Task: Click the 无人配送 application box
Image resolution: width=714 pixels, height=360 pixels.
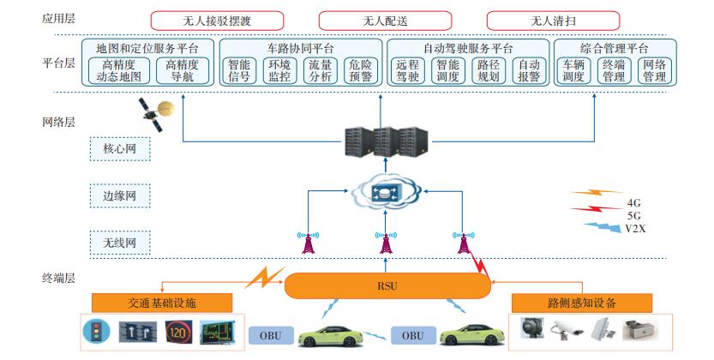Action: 380,19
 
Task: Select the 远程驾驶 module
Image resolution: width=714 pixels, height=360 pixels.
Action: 409,70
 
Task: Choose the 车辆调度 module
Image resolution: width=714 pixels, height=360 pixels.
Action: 574,70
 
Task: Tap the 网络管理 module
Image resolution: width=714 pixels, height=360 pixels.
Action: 654,70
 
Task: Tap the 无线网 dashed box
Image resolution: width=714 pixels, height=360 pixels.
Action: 119,243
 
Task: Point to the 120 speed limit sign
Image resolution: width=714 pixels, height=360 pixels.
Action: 178,332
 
